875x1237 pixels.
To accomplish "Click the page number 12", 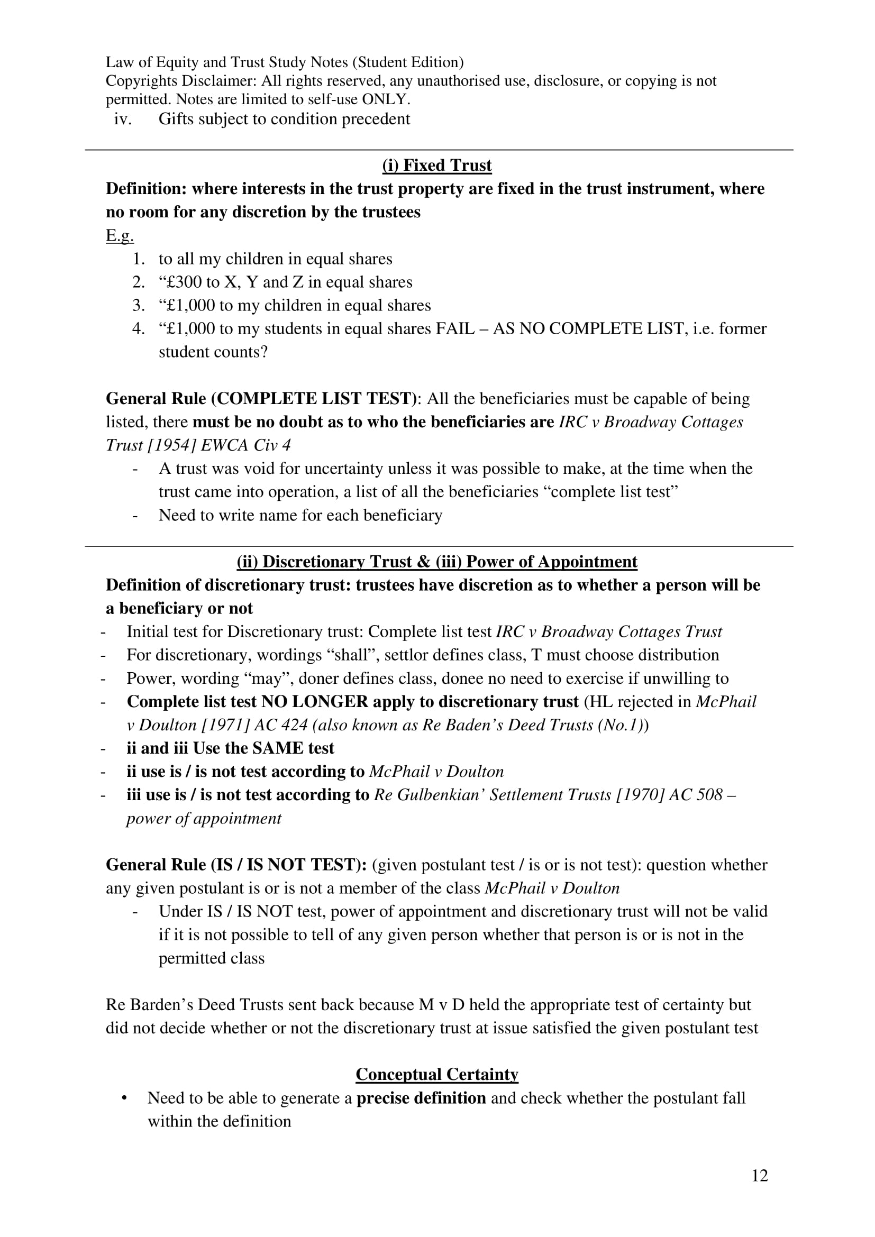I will click(x=759, y=1175).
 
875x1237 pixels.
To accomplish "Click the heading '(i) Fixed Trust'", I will click(x=436, y=166).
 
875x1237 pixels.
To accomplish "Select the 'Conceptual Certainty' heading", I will click(x=436, y=1074).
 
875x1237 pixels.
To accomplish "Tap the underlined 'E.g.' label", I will click(x=120, y=236).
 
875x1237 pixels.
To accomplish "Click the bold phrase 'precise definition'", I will click(x=421, y=1098).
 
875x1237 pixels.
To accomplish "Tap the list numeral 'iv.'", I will click(x=123, y=119).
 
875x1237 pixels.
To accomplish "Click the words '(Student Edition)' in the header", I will click(x=408, y=62).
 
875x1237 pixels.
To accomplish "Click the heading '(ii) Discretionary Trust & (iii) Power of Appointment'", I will click(x=436, y=562).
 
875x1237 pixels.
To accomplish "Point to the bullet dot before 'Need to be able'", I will click(x=124, y=1098).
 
